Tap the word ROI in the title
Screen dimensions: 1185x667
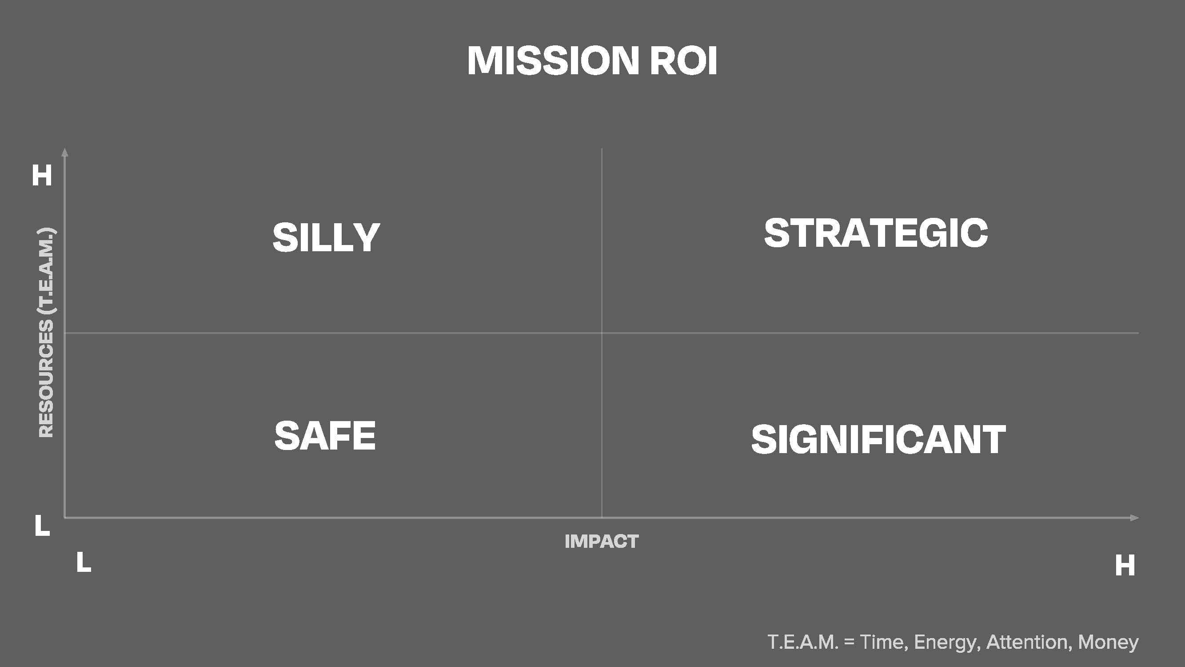(683, 60)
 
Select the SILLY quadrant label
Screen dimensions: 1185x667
(326, 237)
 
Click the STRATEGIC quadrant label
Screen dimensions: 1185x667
(876, 233)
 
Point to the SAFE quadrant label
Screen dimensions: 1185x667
(325, 435)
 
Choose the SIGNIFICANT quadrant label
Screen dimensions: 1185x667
(878, 440)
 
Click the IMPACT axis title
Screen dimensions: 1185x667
(601, 541)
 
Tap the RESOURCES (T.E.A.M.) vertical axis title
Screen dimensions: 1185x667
(46, 332)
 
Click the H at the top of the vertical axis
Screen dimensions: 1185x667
(42, 175)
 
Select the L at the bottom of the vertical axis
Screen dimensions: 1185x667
(42, 525)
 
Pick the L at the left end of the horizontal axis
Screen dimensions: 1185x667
(84, 562)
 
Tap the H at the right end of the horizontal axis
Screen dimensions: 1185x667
(1125, 565)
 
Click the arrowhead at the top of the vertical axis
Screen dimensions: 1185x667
(65, 152)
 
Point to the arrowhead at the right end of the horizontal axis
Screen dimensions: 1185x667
(1134, 518)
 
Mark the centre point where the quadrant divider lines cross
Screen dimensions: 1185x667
(602, 332)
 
